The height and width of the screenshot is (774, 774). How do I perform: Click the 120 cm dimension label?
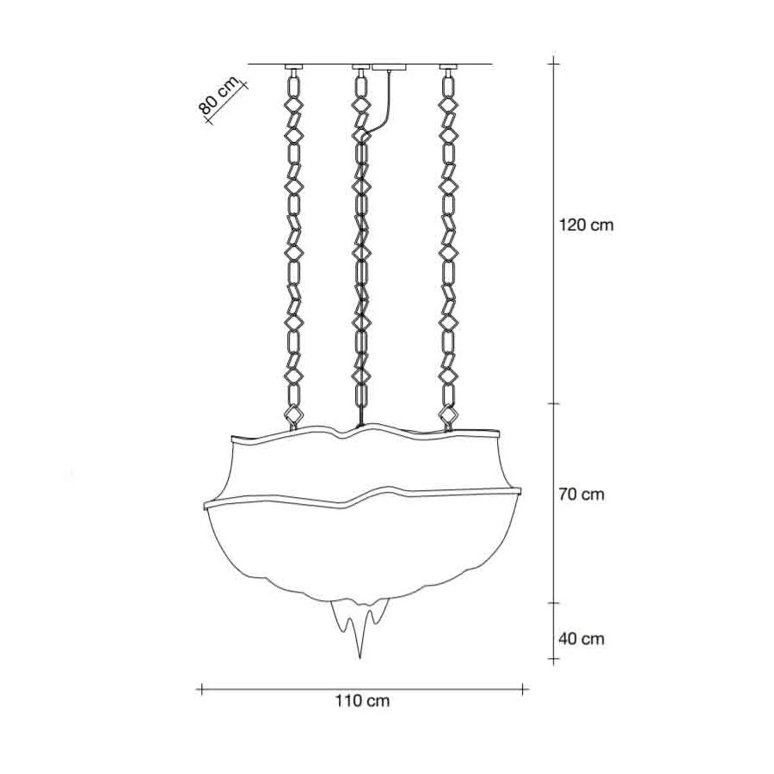[x=586, y=225]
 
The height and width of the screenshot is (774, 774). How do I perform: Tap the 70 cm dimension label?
[x=581, y=494]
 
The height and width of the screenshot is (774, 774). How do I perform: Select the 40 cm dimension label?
[x=581, y=639]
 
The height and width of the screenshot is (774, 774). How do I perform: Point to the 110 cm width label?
[x=363, y=700]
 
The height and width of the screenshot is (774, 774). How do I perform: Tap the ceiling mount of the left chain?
[x=294, y=66]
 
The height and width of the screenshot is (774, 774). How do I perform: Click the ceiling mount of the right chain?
[x=448, y=66]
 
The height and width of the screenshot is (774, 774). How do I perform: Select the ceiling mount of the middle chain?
[x=360, y=66]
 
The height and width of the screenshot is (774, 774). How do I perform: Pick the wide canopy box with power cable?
[x=390, y=67]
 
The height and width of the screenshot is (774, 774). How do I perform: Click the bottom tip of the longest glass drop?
[x=359, y=659]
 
